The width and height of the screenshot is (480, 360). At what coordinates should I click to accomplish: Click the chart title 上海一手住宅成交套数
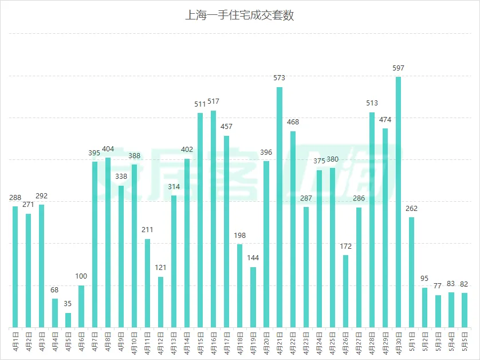[x=239, y=15]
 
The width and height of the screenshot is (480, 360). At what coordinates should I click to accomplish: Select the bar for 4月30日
[x=398, y=202]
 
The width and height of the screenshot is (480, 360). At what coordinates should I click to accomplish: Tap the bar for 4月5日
[x=68, y=320]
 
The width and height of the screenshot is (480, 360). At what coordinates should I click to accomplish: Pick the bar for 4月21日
[x=280, y=208]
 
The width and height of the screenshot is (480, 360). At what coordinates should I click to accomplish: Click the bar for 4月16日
[x=214, y=219]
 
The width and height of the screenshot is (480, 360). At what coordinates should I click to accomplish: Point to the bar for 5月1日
[x=411, y=272]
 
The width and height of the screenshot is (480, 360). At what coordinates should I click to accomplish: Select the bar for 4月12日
[x=160, y=302]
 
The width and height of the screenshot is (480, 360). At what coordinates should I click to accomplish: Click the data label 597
[x=398, y=68]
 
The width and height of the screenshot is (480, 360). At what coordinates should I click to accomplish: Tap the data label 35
[x=68, y=304]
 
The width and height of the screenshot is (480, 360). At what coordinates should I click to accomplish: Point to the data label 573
[x=279, y=78]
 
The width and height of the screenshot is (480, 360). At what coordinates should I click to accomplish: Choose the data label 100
[x=81, y=276]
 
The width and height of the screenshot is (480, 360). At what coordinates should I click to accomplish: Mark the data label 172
[x=345, y=246]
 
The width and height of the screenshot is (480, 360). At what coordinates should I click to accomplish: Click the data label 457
[x=226, y=127]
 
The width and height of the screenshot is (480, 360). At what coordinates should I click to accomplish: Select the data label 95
[x=424, y=279]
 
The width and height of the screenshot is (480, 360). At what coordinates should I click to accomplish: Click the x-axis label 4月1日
[x=15, y=342]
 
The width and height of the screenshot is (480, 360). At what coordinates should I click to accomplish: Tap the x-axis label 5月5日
[x=465, y=342]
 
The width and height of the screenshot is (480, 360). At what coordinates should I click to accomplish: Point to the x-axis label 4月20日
[x=266, y=343]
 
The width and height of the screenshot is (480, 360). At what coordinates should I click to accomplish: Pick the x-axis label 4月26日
[x=345, y=343]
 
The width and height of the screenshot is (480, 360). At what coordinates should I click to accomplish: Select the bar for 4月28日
[x=372, y=220]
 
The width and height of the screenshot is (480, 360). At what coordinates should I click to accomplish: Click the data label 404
[x=108, y=149]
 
